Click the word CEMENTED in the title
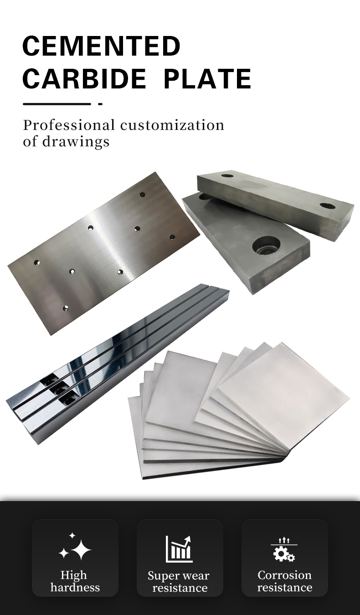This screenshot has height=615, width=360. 101,46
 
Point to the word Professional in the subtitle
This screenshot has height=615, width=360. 69,125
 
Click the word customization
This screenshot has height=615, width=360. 172,125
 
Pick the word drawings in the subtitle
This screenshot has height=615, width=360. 76,142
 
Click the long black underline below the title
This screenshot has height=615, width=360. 57,104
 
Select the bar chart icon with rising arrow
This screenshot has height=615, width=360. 179,549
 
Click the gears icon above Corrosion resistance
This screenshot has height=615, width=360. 284,550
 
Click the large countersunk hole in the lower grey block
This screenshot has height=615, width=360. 267,245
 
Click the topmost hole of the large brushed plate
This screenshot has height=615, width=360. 142,195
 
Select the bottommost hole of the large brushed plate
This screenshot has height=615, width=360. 66,308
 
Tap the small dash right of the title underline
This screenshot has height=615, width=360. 101,104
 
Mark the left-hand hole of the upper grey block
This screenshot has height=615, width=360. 227,175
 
